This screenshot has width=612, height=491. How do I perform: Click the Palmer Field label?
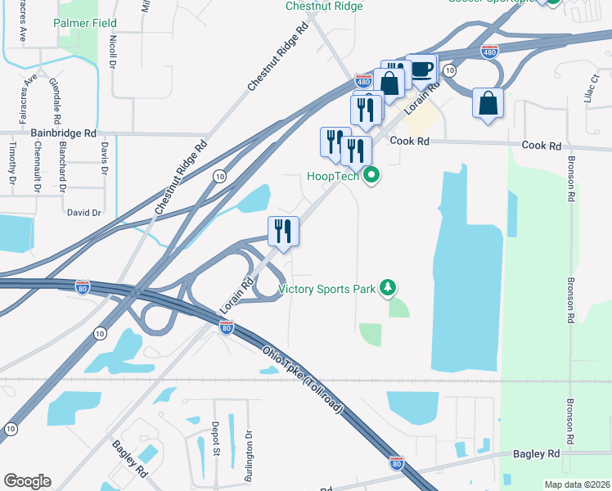tap(85, 24)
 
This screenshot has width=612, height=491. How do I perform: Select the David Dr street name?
tap(83, 212)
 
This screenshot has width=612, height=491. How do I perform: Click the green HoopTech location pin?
tap(372, 175)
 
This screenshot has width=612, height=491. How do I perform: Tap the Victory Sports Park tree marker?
tap(389, 288)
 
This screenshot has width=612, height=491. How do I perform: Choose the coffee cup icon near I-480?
tap(421, 68)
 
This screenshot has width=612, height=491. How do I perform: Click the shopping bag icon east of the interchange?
tap(488, 104)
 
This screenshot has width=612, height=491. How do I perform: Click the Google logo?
tap(27, 480)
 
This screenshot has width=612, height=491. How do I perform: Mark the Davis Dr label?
tap(104, 158)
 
